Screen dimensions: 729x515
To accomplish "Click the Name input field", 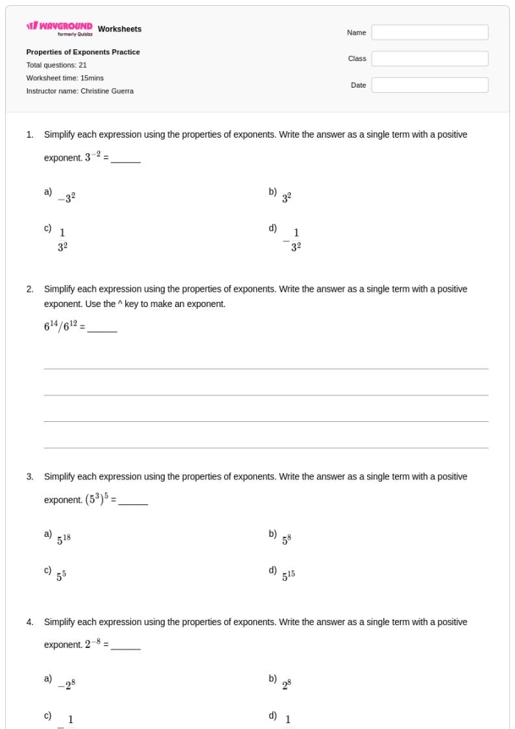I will [x=429, y=32].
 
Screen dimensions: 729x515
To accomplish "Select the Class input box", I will [x=429, y=59].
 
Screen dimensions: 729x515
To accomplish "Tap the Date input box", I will [x=429, y=85].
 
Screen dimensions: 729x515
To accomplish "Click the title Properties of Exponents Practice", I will [x=83, y=52].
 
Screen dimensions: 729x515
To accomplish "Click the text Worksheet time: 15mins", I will [x=65, y=78].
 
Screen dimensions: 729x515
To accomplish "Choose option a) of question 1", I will [x=67, y=197].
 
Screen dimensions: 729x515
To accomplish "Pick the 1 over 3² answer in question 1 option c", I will [x=63, y=240].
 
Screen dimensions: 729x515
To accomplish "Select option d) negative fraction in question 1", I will [x=291, y=240].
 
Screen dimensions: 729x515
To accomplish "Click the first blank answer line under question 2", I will [x=266, y=368].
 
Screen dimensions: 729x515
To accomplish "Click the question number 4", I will [x=30, y=622].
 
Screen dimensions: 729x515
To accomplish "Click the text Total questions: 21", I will [x=57, y=65].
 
